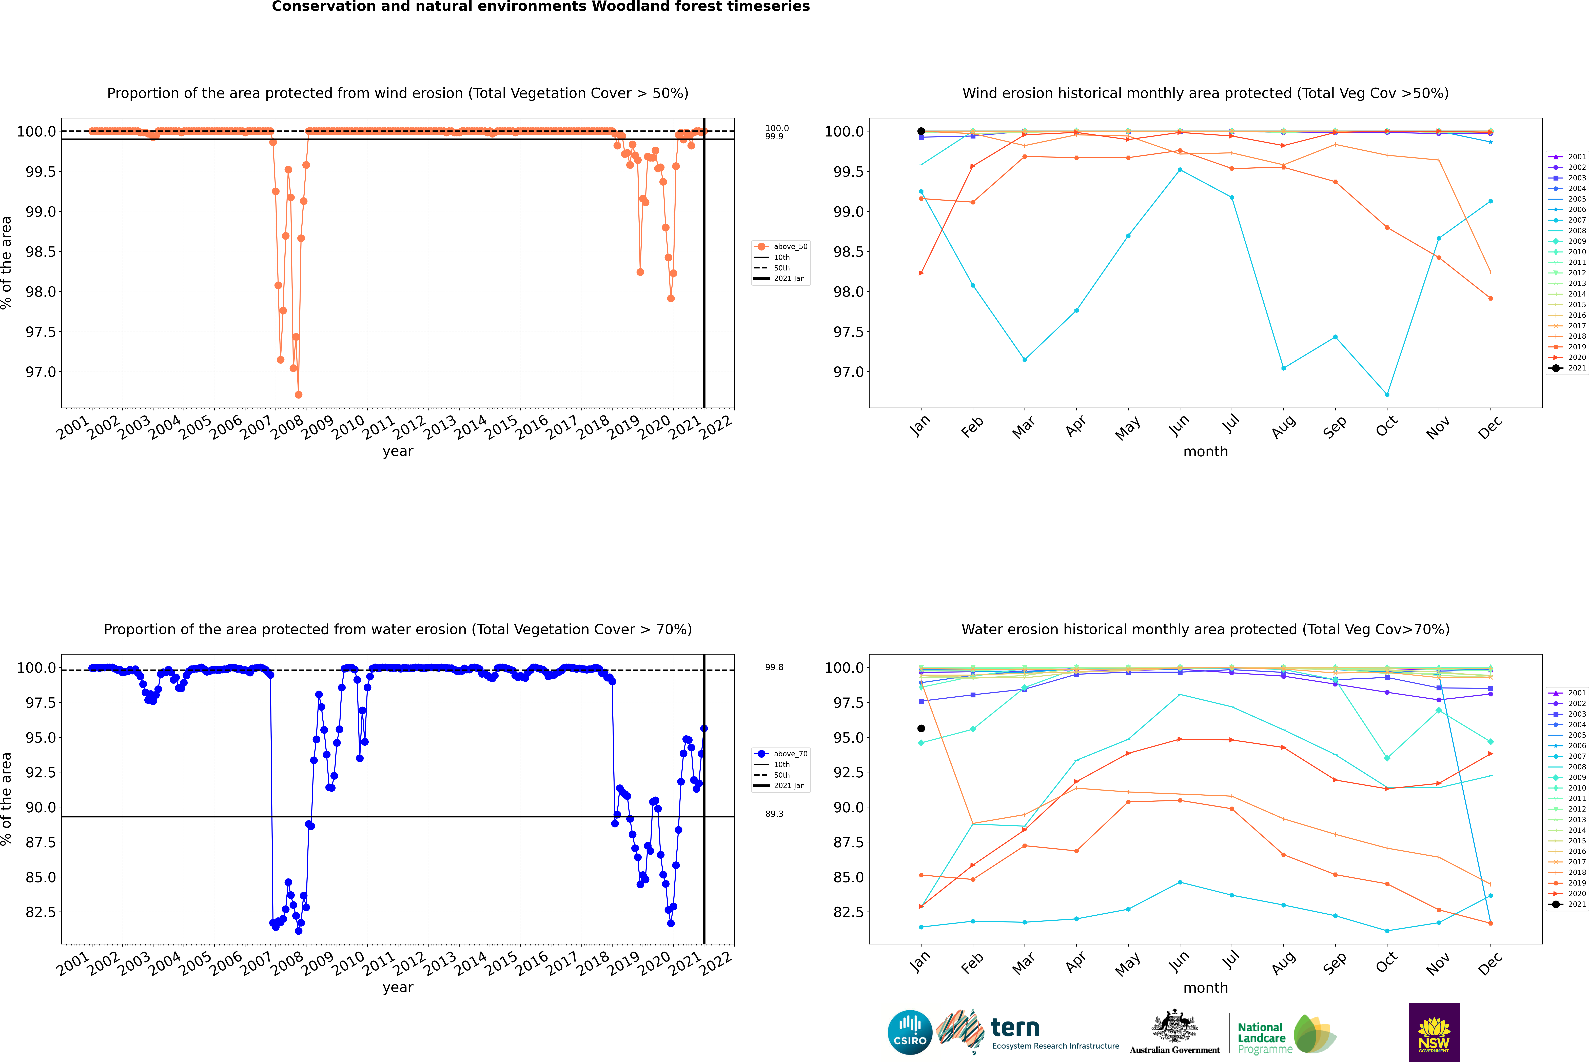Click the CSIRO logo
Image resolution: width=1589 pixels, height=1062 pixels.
(x=910, y=1032)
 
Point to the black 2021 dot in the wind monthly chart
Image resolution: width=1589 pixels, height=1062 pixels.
(x=921, y=131)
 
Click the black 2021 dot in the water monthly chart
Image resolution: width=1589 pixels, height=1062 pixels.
(x=921, y=729)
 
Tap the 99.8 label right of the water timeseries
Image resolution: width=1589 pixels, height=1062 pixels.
(x=774, y=667)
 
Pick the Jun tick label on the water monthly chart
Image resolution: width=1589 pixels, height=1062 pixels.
(x=1179, y=962)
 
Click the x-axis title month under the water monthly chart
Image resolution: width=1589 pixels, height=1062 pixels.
(x=1205, y=988)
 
